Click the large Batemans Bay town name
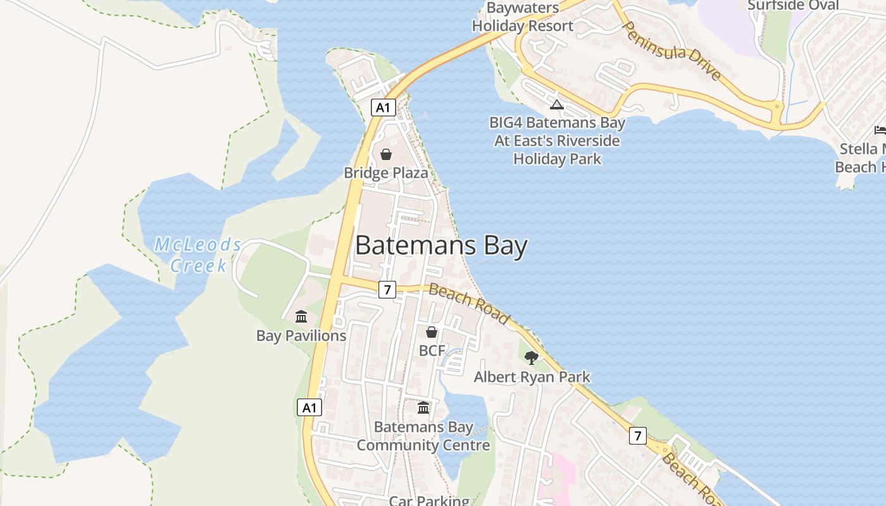click(441, 245)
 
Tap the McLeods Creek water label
click(198, 254)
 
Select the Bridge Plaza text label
click(385, 173)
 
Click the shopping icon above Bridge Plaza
click(385, 154)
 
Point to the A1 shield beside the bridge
click(383, 108)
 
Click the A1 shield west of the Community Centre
click(309, 407)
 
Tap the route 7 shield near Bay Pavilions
click(387, 290)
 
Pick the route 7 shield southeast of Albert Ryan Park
click(637, 435)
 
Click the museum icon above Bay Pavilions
click(301, 316)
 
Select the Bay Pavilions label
click(301, 336)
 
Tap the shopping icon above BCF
click(432, 332)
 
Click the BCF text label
click(432, 350)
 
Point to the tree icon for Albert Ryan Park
click(532, 358)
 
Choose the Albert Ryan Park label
click(532, 377)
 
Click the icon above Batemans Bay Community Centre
click(423, 408)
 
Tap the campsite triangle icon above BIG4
click(557, 104)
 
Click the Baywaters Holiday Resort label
click(523, 17)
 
